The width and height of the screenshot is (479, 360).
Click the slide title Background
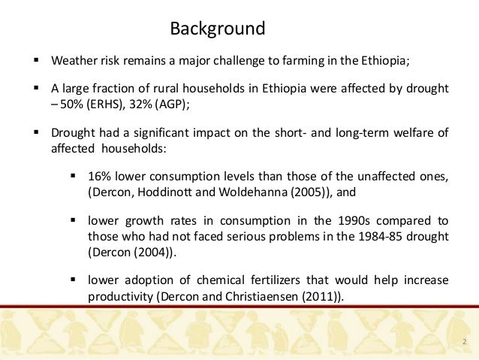tap(218, 29)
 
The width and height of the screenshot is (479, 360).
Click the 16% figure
tap(100, 177)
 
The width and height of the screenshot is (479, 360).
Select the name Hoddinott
tap(160, 192)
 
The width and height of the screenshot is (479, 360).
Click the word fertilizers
tap(266, 281)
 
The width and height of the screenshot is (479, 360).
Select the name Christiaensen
tap(268, 296)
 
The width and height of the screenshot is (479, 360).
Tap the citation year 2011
tap(323, 296)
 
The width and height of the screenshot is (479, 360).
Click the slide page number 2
tap(465, 343)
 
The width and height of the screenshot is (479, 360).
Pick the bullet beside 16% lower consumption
tap(74, 177)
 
